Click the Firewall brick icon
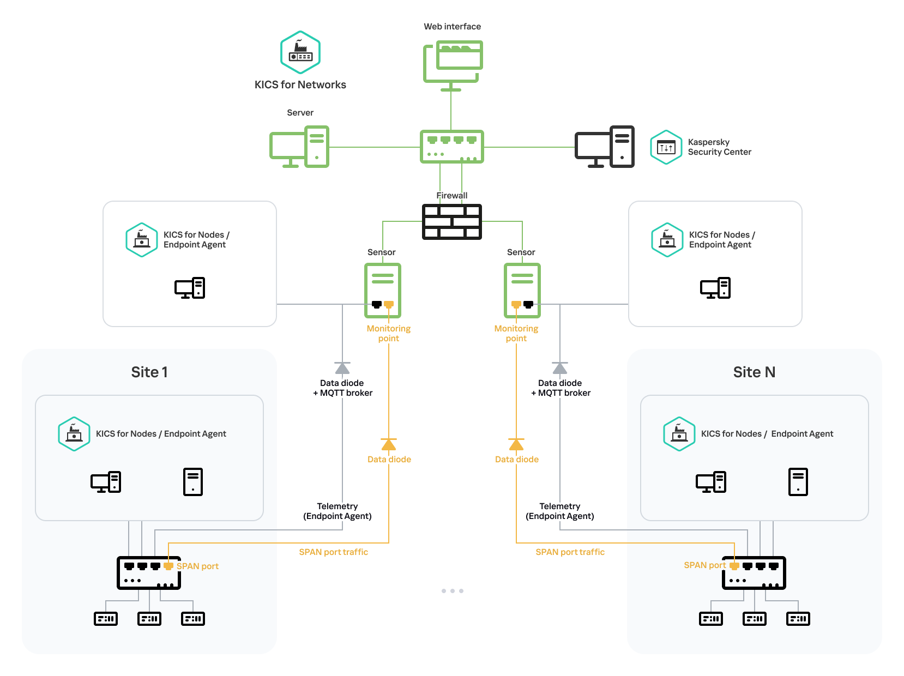(452, 221)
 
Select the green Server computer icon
(299, 147)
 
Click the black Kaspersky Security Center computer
(605, 147)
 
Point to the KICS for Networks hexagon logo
(300, 52)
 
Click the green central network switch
(452, 147)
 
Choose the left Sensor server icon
(383, 290)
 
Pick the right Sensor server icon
(522, 290)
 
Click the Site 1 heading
(149, 372)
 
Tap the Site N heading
(754, 372)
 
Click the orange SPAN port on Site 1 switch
(168, 566)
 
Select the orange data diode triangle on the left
(389, 445)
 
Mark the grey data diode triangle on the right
(560, 368)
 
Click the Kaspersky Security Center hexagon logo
(666, 147)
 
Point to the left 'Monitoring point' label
(389, 333)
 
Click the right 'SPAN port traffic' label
(570, 552)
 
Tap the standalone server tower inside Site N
(798, 482)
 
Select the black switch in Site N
(754, 573)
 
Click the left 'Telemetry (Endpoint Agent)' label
(338, 511)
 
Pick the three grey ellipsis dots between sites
(453, 591)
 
